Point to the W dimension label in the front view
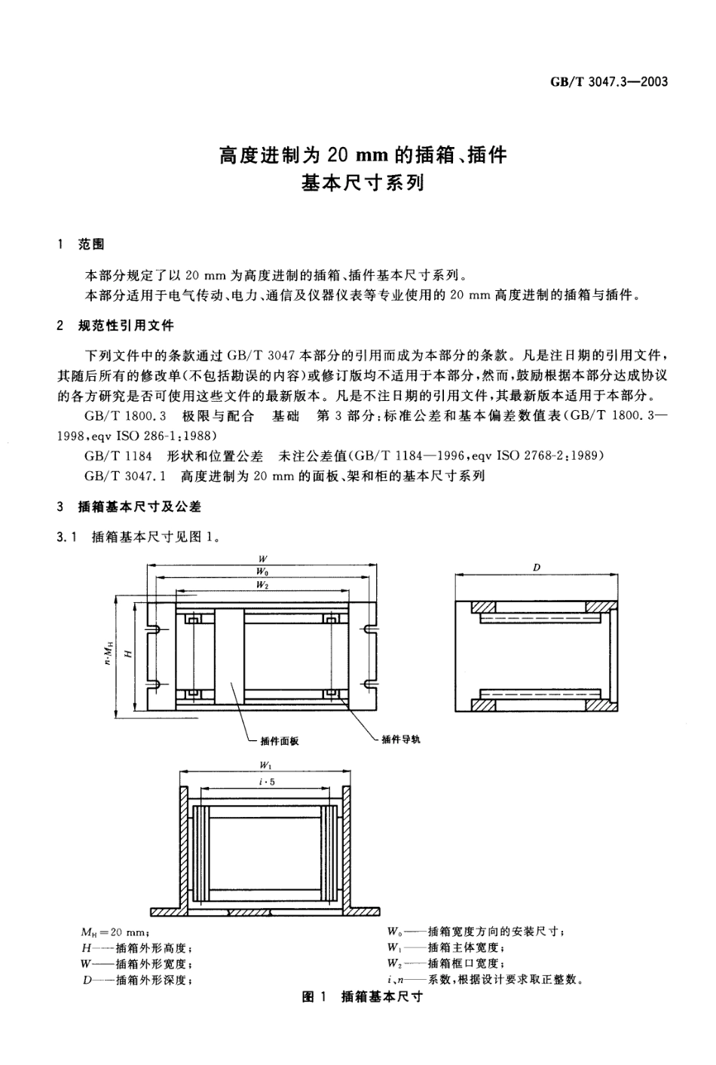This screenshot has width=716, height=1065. pos(262,559)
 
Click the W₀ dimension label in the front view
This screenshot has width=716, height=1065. pos(262,572)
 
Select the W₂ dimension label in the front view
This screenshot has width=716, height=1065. pos(262,585)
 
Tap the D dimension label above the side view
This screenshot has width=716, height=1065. pos(537,568)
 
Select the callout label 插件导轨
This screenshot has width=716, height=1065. pos(401,739)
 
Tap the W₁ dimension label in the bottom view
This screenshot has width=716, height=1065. pos(265,765)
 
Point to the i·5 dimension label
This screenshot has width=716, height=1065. pos(266,782)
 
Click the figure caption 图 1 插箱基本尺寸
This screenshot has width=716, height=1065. pos(362,996)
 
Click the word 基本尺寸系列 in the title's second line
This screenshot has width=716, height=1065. pos(363,183)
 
